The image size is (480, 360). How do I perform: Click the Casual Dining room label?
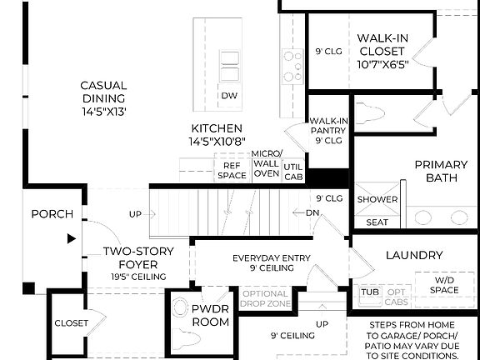point(103,97)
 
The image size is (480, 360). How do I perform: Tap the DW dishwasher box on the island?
point(229,96)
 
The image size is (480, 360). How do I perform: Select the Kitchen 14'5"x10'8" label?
point(217,135)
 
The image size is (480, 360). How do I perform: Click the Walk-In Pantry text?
point(327,131)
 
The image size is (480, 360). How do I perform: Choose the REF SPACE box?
point(232,171)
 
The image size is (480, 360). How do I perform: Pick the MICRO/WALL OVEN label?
point(267,163)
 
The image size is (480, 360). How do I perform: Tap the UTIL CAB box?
point(294,172)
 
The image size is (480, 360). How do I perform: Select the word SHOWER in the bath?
point(377,200)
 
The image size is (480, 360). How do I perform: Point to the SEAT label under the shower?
point(377,222)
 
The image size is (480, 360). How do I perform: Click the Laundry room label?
point(414,255)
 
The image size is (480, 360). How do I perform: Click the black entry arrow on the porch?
point(71,238)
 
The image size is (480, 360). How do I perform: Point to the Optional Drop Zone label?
point(265,298)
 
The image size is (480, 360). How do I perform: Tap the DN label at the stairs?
point(312,212)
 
